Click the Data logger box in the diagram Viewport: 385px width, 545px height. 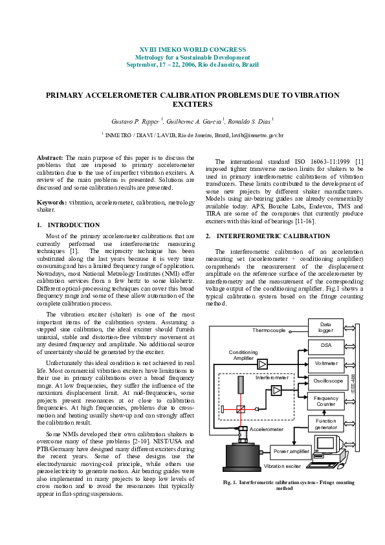pyautogui.click(x=325, y=327)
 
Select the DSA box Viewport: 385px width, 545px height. pyautogui.click(x=325, y=346)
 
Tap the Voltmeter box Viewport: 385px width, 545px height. pyautogui.click(x=325, y=363)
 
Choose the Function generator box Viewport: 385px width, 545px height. pyautogui.click(x=325, y=424)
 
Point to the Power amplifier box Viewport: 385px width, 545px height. pyautogui.click(x=291, y=451)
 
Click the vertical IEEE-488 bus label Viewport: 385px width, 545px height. pyautogui.click(x=353, y=382)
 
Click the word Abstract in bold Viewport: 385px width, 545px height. pyautogui.click(x=49, y=157)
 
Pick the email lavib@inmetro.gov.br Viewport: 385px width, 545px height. pyautogui.click(x=258, y=135)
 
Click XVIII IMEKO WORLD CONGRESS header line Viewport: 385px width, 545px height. pyautogui.click(x=192, y=50)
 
